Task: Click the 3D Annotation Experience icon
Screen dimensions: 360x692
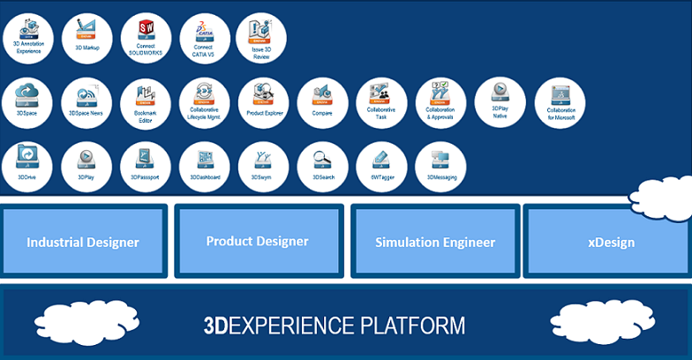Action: coord(28,37)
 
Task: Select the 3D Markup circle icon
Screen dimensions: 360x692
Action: coord(86,37)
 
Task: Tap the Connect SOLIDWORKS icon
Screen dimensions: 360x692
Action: coord(146,37)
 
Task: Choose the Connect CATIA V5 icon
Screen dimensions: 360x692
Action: coord(205,37)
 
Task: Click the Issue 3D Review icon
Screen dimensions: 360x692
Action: coord(263,37)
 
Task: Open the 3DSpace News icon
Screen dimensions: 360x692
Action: coord(86,102)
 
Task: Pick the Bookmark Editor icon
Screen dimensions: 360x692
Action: coord(146,102)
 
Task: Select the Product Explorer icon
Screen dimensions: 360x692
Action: coord(263,102)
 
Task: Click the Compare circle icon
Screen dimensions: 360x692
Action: coord(322,102)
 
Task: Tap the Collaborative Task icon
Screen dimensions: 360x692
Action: coord(381,102)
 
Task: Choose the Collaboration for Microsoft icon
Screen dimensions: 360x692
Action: coord(560,102)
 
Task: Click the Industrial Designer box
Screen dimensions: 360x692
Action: coord(83,242)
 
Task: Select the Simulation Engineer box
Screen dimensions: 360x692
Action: coord(434,242)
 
